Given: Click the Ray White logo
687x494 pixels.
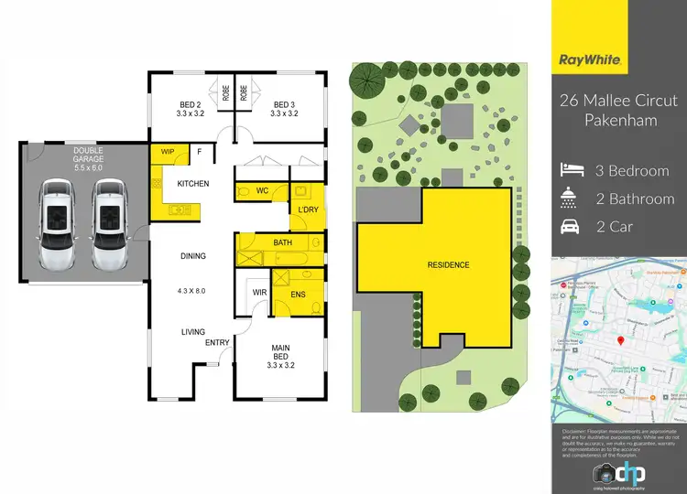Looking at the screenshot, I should point(592,60).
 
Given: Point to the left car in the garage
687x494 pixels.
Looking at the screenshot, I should point(55,225).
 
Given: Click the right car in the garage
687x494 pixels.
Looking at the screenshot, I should point(110,225).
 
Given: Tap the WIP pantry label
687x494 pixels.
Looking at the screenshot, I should point(168,152).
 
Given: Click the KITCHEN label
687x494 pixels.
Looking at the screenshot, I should point(193,184).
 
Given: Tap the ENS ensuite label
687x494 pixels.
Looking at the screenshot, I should point(297,294).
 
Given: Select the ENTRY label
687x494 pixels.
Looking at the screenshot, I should point(217,342).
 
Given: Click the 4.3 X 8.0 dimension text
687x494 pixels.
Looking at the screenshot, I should point(192,291).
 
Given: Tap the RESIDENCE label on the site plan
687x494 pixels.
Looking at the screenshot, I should point(449,265).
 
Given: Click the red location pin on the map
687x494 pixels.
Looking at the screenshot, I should point(620,341).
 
